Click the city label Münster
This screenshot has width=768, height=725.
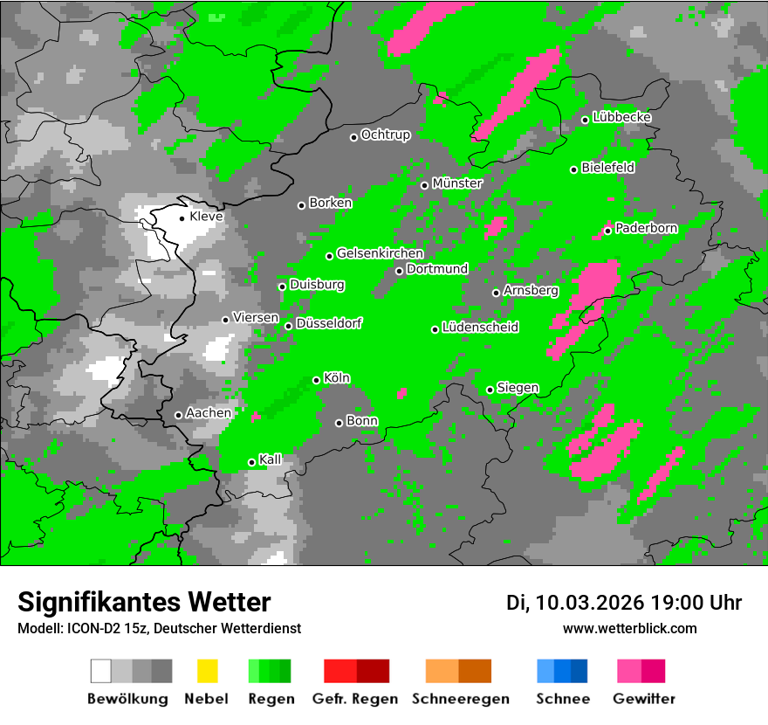457,183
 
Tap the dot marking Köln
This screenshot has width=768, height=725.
317,380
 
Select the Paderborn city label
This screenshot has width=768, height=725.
647,228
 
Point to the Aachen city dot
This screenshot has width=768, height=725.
178,415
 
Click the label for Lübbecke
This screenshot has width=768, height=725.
622,117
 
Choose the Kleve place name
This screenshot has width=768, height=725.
207,217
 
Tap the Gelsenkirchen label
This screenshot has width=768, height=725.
381,253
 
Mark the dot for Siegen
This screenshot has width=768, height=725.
490,390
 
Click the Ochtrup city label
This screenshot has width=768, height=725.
386,135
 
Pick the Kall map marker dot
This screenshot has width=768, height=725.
252,462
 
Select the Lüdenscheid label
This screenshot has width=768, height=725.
481,327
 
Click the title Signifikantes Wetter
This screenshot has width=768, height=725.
144,602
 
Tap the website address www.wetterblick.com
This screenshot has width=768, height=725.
630,628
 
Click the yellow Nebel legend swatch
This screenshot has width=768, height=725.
207,671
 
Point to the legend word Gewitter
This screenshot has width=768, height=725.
644,699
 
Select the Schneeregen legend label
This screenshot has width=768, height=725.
457,699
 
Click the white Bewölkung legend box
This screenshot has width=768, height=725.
101,671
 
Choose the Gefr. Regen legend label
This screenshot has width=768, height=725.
355,699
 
